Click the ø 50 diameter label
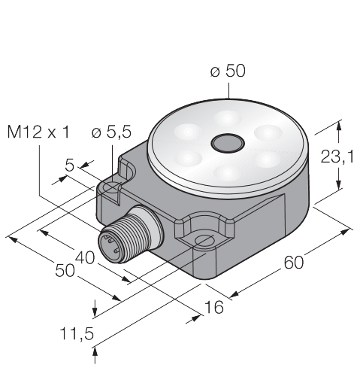click(228, 71)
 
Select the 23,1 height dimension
click(337, 157)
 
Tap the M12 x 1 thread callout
click(38, 132)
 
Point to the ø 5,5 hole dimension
click(111, 132)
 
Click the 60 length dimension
click(293, 263)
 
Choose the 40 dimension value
click(85, 257)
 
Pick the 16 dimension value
click(213, 307)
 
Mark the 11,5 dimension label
click(77, 334)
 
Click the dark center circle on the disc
click(228, 143)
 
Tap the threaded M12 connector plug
click(130, 235)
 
